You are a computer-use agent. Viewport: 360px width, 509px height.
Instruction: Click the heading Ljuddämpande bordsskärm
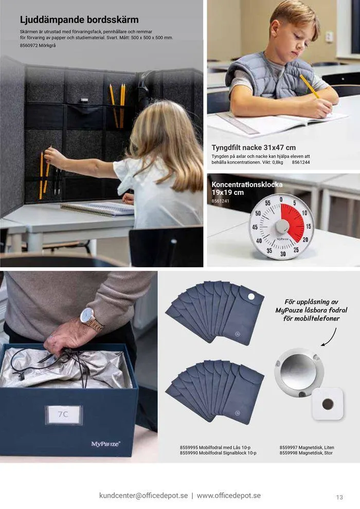point(79,20)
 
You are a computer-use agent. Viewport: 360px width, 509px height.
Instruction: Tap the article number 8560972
point(31,46)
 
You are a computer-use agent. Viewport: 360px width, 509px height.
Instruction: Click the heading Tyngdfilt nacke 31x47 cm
point(254,148)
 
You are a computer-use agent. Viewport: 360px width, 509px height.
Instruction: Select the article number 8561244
point(301,162)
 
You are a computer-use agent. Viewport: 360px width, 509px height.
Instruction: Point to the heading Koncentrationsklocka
point(247,184)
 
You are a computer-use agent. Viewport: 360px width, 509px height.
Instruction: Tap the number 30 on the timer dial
point(283,253)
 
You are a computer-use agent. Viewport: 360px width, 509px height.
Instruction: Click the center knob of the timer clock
point(282,227)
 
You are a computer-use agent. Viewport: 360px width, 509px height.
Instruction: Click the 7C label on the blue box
point(63,414)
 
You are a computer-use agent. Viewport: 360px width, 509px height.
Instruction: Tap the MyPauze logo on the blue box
point(106,444)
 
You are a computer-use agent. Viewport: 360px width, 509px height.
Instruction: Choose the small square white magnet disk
point(327,404)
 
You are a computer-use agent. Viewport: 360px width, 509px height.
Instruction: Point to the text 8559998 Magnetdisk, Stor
point(306,453)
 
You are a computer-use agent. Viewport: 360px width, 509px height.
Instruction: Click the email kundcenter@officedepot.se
point(143,496)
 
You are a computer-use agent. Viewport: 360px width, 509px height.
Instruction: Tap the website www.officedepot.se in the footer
point(229,496)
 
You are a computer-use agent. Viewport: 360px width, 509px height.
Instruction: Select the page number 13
point(339,497)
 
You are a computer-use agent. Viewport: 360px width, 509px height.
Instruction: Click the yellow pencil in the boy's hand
point(309,86)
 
